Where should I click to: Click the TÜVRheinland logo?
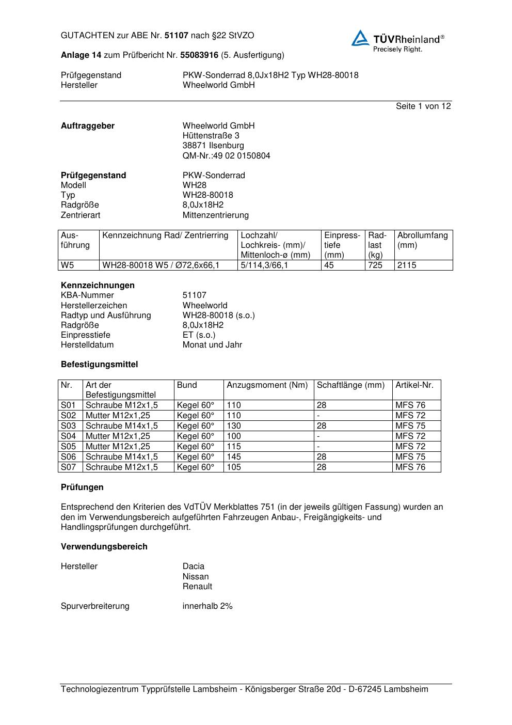[397, 40]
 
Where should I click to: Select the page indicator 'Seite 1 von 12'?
[423, 106]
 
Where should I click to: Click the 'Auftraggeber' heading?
[88, 126]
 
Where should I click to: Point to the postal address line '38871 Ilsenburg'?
[213, 146]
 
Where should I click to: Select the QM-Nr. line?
[226, 156]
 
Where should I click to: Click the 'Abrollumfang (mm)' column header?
[422, 240]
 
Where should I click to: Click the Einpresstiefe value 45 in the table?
[329, 265]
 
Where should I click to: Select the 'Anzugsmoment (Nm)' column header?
[267, 385]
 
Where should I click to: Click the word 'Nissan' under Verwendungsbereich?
[196, 577]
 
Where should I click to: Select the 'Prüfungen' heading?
[82, 487]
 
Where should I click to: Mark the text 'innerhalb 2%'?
[207, 606]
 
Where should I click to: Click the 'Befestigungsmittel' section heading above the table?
[99, 365]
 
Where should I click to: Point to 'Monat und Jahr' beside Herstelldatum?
[212, 345]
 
